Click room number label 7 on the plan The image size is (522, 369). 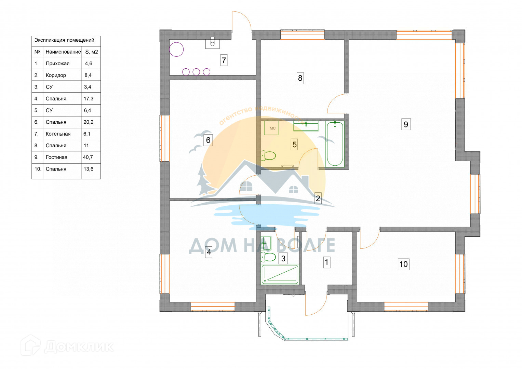224,60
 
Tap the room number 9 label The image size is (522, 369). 406,124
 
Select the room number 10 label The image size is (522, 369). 404,264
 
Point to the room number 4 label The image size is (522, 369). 209,252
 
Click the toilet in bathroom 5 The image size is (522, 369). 268,155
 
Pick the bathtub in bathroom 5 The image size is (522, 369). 335,144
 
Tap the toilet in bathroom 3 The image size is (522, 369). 268,257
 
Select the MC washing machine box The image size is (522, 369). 271,128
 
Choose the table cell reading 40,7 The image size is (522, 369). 88,157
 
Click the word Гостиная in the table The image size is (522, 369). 56,157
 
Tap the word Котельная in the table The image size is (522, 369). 58,134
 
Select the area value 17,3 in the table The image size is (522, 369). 89,99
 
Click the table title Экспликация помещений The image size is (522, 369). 64,40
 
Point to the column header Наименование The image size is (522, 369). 63,52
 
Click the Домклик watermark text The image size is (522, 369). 79,347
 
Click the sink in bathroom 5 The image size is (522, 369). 306,126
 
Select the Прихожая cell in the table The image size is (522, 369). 57,64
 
